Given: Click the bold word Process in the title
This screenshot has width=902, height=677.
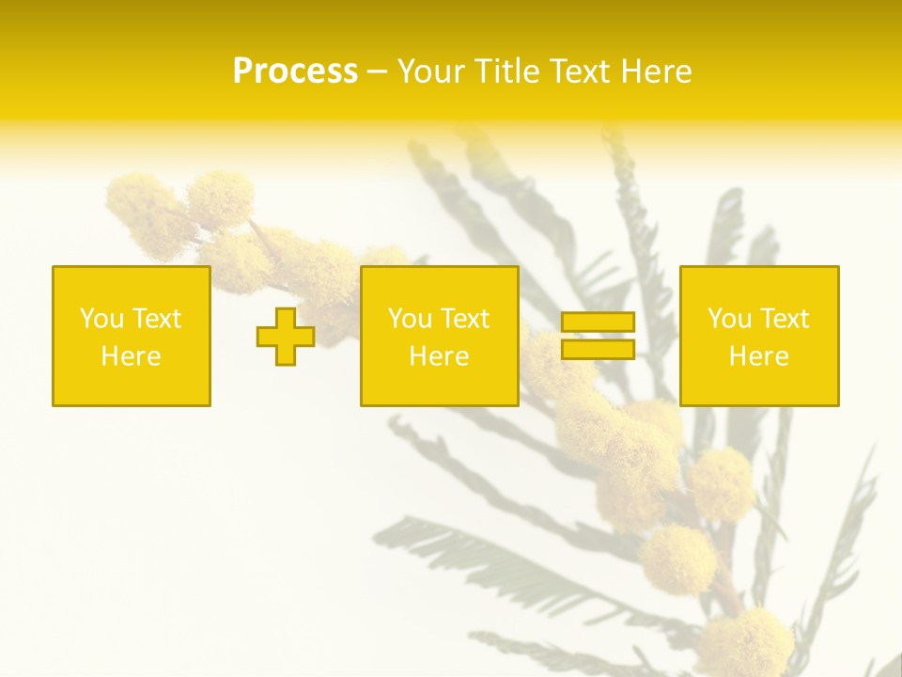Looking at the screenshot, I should click(295, 71).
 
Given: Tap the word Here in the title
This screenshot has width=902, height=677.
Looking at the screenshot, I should click(657, 71).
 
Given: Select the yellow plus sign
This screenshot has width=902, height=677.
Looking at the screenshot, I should click(286, 336).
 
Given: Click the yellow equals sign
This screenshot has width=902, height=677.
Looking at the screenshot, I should click(598, 336).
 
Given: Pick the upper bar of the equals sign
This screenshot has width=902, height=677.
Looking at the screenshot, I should click(598, 323).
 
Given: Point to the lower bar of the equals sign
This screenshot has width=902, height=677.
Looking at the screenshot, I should click(598, 350).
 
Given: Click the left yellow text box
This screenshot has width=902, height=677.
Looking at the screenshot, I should click(132, 336).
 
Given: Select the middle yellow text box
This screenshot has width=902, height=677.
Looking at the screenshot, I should click(439, 336).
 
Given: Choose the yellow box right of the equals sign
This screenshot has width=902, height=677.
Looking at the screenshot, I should click(759, 336).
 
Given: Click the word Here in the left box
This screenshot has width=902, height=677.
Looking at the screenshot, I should click(132, 356).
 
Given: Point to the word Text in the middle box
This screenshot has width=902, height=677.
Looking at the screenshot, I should click(464, 319).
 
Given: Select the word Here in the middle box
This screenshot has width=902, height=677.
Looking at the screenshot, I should click(439, 356).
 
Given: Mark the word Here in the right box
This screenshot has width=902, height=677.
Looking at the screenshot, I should click(759, 356).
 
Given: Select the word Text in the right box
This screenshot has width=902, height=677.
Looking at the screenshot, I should click(784, 319).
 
